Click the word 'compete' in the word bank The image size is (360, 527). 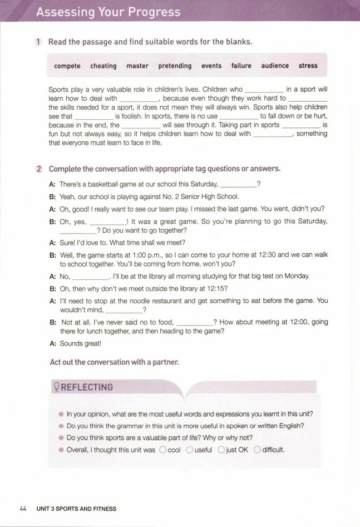tap(67, 66)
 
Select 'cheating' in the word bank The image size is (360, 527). tap(103, 66)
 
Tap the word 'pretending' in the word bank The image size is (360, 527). tap(175, 66)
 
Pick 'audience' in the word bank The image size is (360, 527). tap(275, 66)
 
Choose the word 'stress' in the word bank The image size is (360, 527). tap(308, 66)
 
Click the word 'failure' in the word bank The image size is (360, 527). tap(241, 66)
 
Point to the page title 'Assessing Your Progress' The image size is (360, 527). tap(108, 12)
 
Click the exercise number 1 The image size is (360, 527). tap(37, 42)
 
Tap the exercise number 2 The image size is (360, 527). tap(37, 168)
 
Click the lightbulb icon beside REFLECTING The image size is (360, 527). tap(55, 387)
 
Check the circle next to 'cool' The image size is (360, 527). tap(162, 450)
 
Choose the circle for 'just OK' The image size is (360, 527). tap(221, 450)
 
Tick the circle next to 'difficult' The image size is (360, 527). tap(257, 450)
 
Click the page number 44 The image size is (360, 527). tap(23, 509)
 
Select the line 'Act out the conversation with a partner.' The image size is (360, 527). tap(114, 362)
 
